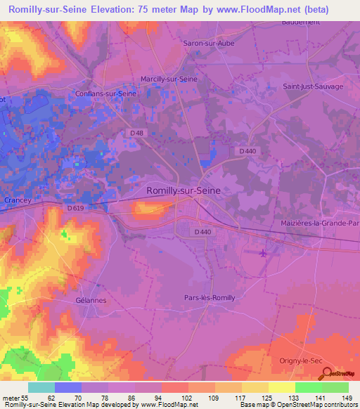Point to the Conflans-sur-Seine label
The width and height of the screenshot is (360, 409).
coord(105,93)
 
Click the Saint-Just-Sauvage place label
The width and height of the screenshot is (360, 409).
coord(313,86)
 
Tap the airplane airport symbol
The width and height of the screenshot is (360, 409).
coord(263,252)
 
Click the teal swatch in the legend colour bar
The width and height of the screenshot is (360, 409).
coord(41,387)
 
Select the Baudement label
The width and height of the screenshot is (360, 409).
coord(300,22)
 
